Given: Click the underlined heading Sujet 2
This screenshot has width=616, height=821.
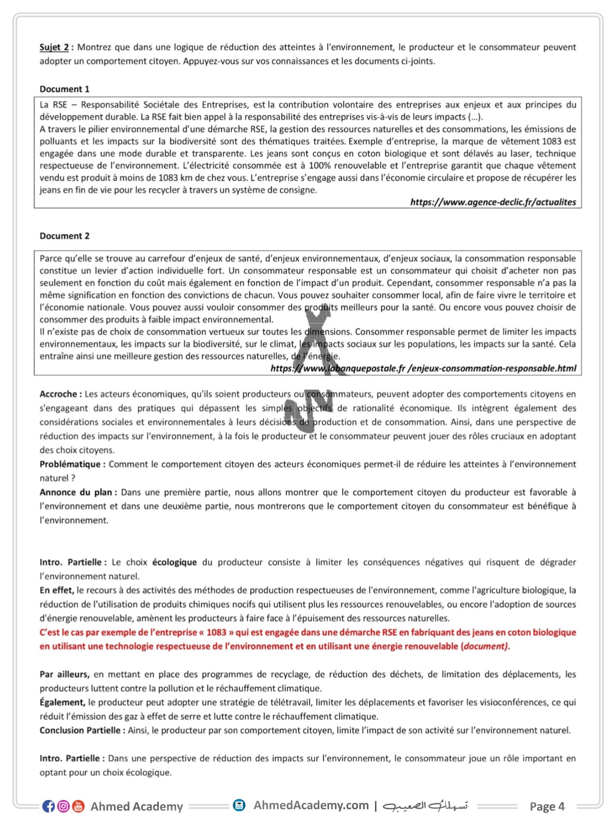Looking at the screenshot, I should coord(54,47).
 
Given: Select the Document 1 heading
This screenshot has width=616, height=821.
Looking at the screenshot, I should coord(65,89).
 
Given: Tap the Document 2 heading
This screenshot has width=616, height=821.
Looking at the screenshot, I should coord(65,236).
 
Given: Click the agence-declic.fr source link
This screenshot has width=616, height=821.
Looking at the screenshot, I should coord(493,202).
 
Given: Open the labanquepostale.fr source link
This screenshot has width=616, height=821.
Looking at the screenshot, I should coord(423,368).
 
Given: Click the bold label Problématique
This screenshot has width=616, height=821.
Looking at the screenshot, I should coord(72,464).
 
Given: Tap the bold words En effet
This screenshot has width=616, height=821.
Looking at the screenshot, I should coord(56,590).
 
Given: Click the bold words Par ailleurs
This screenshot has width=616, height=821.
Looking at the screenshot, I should coord(64,674).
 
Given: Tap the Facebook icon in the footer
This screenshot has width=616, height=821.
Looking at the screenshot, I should coord(48,806).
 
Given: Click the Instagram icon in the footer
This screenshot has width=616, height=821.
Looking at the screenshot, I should coord(64,806).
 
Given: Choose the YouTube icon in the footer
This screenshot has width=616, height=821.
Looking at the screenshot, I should coord(78,806).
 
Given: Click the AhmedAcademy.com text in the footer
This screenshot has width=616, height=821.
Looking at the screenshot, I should coord(311,805).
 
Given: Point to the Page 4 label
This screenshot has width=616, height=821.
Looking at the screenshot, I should coord(547,806).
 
